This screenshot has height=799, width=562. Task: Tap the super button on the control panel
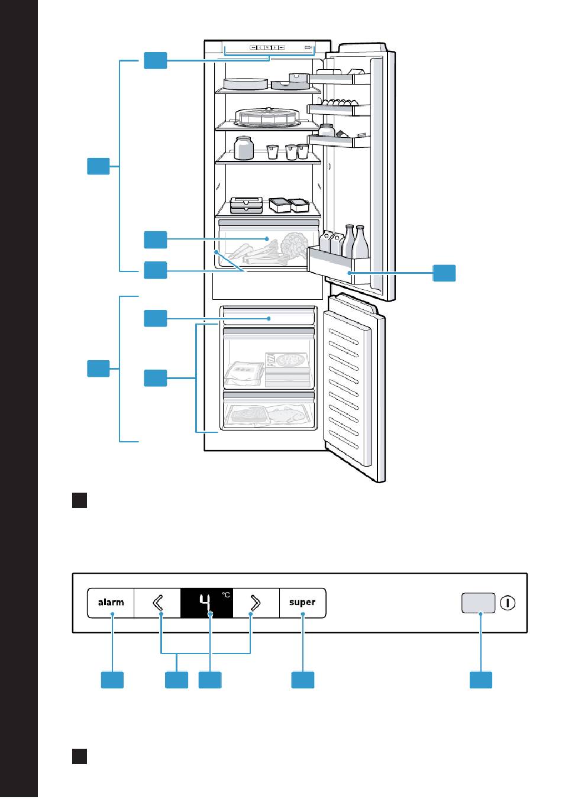302,602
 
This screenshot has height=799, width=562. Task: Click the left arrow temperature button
157,603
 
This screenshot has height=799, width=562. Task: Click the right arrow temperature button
256,603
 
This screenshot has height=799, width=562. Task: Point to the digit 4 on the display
205,603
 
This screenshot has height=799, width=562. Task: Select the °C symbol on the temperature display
226,594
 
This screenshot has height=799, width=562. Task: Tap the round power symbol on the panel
508,603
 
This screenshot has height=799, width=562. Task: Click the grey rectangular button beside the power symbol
478,603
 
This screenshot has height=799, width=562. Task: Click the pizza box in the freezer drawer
286,369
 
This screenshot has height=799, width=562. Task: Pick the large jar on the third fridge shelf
244,148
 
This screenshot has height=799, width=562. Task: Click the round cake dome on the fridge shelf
267,117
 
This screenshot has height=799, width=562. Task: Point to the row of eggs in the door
340,102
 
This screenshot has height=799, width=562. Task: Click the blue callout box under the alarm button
112,680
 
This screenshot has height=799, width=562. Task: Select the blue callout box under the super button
303,680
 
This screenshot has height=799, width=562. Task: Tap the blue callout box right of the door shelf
444,273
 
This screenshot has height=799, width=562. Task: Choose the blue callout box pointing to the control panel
155,60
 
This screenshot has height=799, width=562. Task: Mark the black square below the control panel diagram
80,756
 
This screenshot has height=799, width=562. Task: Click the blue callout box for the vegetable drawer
155,240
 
